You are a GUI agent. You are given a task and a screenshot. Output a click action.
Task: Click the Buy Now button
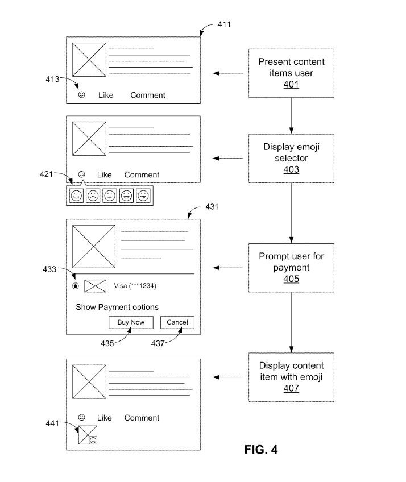click(131, 322)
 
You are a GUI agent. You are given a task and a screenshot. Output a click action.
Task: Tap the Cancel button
click(177, 322)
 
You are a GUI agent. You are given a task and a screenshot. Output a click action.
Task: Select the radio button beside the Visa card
click(76, 286)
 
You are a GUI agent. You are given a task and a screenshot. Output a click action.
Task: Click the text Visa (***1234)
click(135, 286)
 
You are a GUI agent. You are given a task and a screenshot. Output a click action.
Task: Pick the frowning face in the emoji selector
click(93, 196)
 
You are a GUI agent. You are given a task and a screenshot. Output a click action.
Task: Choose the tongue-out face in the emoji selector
click(143, 196)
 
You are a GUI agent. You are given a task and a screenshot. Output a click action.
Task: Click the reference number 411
click(224, 24)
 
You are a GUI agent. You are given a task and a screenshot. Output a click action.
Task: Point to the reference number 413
click(52, 80)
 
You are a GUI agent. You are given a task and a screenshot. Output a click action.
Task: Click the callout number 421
click(46, 174)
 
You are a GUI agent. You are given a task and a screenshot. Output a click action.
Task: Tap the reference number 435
click(107, 343)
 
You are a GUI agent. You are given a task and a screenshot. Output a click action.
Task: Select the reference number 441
click(52, 423)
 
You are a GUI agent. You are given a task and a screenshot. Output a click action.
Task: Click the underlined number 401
click(291, 85)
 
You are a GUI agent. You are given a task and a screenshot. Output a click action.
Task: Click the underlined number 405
click(291, 279)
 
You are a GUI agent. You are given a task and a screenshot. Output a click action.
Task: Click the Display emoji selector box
click(291, 159)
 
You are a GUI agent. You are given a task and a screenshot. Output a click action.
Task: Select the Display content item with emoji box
click(291, 377)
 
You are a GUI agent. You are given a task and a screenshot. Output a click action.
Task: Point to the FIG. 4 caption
click(261, 450)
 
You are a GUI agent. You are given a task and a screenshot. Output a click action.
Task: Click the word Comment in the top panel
click(148, 95)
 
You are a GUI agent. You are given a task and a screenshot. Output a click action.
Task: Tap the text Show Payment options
click(117, 307)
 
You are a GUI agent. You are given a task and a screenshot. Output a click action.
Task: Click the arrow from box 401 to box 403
click(291, 116)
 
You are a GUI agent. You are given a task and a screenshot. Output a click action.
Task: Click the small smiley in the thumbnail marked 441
click(93, 440)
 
